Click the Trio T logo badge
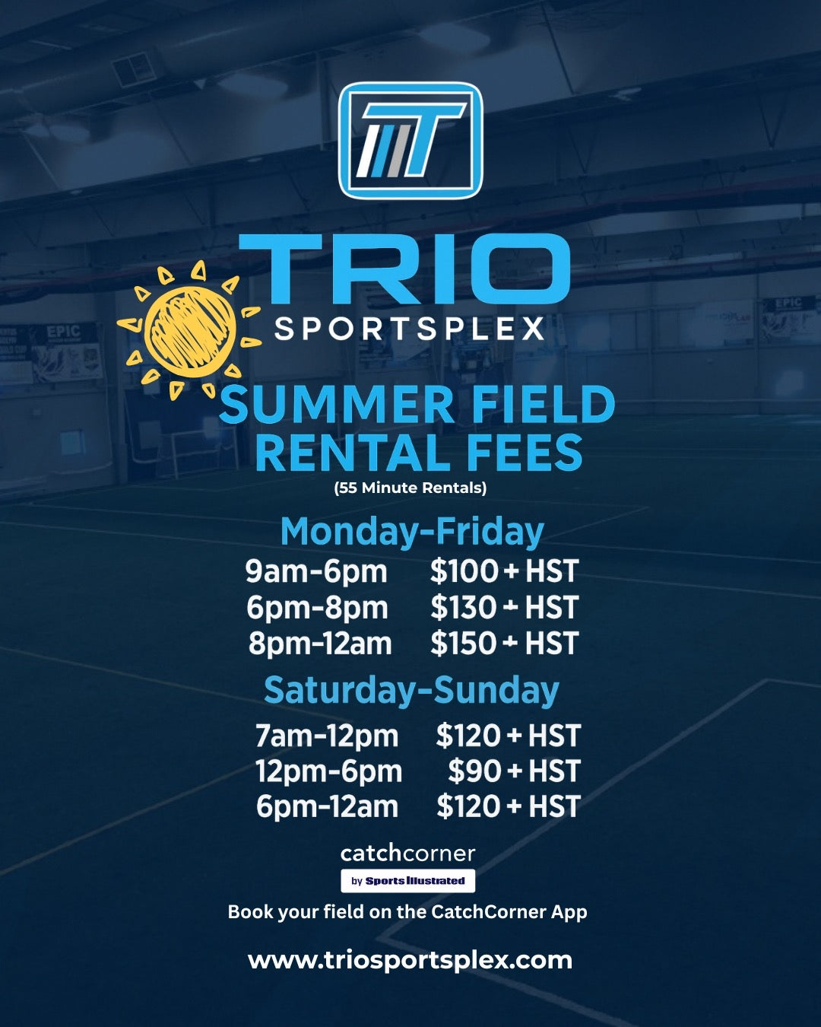coord(410,141)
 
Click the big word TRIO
coord(405,270)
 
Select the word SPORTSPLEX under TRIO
coord(409,329)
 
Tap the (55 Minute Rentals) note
coord(410,488)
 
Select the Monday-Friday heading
coord(412,531)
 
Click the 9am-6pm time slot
coord(316,571)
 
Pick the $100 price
coord(464,571)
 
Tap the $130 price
coord(464,608)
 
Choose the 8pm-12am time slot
coord(320,644)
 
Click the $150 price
coord(464,644)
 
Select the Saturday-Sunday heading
coord(411,690)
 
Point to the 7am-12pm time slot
coord(327,736)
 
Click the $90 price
coord(474,771)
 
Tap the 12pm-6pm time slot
coord(328,771)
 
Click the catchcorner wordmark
coord(408,854)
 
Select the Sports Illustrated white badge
coord(408,881)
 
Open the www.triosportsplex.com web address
coord(410,960)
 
